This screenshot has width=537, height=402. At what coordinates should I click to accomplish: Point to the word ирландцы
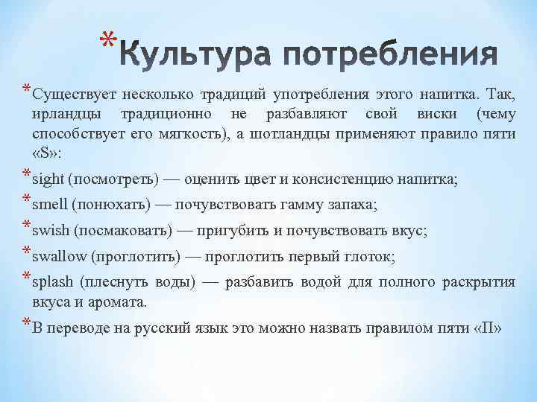pyautogui.click(x=62, y=115)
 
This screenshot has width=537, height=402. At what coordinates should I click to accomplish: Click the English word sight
pyautogui.click(x=48, y=179)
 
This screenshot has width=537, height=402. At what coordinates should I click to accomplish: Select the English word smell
pyautogui.click(x=50, y=205)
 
